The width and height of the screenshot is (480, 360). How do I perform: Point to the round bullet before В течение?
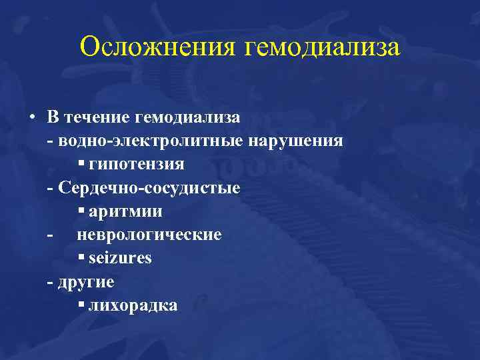click(32, 117)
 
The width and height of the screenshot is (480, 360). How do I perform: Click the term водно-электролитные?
click(151, 141)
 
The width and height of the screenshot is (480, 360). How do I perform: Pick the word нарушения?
click(296, 141)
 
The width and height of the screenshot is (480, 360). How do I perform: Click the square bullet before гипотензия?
click(80, 163)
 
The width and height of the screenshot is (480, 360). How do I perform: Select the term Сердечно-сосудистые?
click(149, 187)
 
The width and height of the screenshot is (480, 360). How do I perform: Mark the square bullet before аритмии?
click(80, 211)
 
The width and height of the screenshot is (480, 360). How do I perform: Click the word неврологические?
click(149, 235)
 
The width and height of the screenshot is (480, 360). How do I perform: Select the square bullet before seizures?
click(80, 257)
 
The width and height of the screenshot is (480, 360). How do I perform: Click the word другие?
click(86, 282)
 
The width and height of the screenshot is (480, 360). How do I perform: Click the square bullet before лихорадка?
click(80, 305)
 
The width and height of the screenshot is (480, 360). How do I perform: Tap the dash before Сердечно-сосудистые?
click(51, 189)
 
